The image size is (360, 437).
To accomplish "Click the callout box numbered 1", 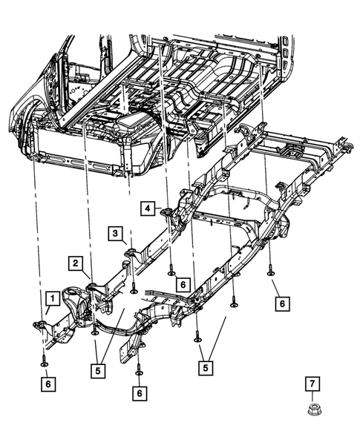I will [x=51, y=299].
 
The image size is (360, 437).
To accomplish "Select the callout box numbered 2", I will [x=76, y=262].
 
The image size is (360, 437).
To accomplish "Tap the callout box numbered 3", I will [x=117, y=233].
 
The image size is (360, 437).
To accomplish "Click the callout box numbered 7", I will [x=312, y=383].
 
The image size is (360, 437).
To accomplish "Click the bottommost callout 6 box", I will [x=139, y=392].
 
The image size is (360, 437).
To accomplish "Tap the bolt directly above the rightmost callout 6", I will [x=271, y=272].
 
